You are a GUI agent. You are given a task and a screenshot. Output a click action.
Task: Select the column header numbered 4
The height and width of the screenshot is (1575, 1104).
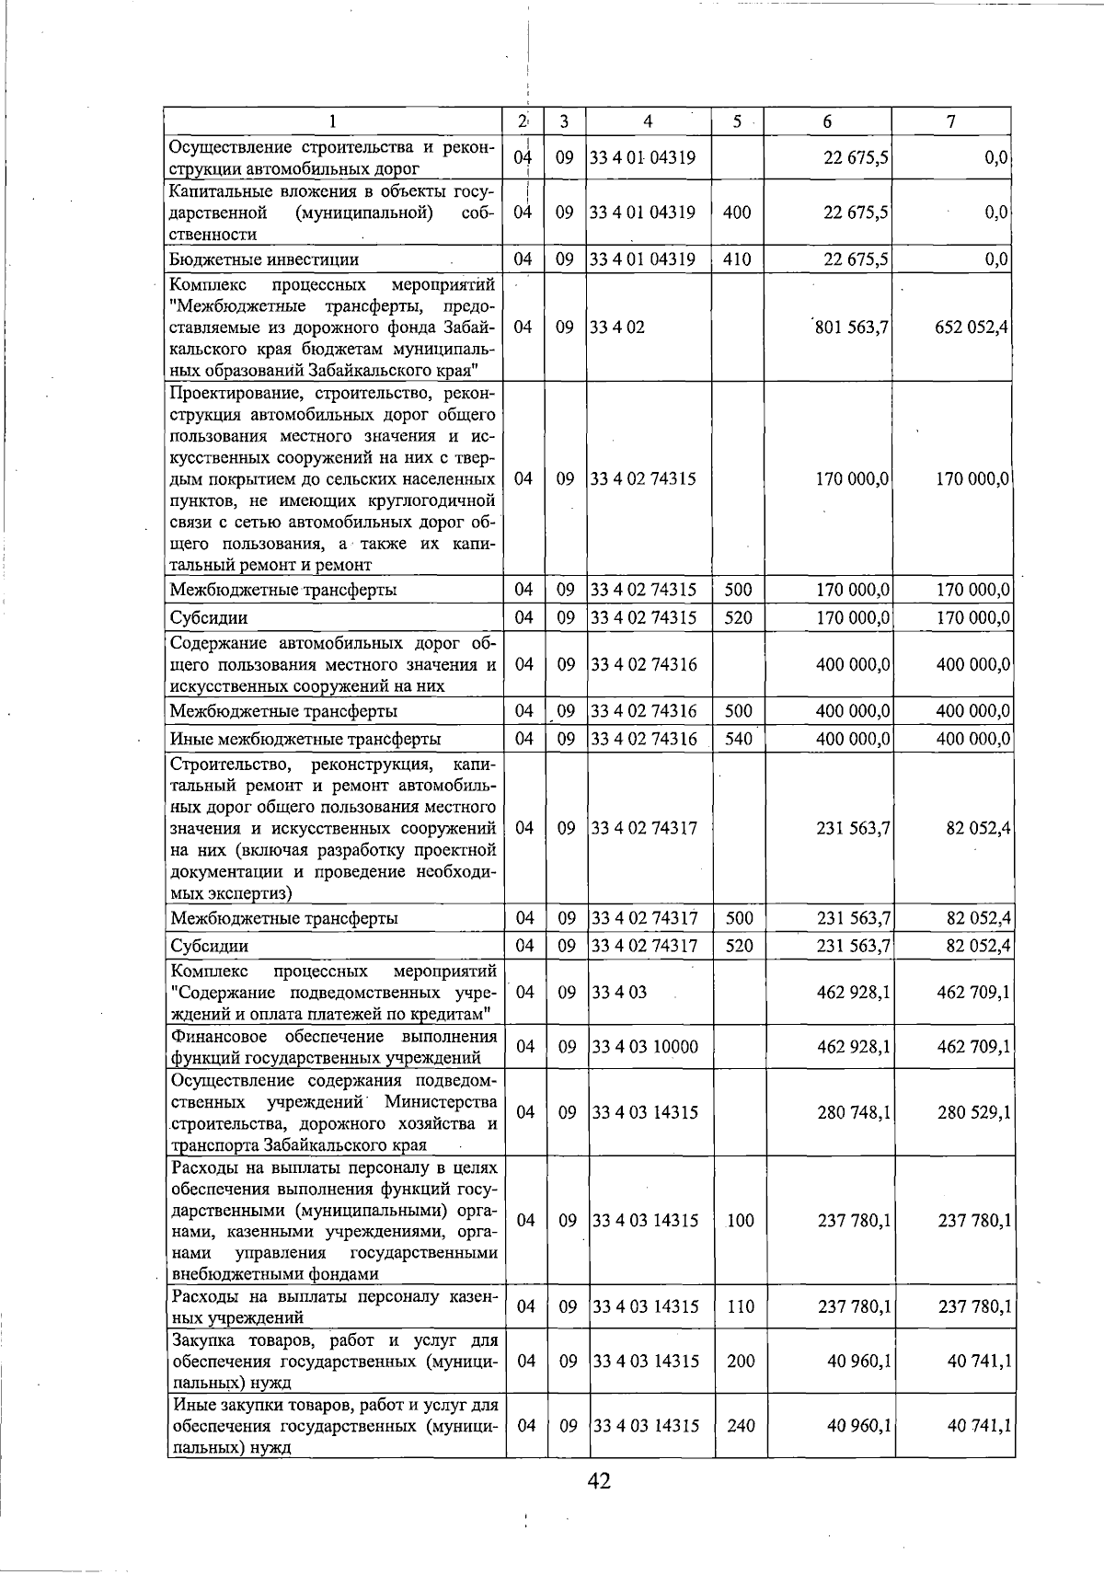[x=648, y=121]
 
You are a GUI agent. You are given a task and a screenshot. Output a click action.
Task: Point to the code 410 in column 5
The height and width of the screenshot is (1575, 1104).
[x=738, y=259]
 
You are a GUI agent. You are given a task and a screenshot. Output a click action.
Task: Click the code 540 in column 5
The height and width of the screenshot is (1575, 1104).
[x=738, y=739]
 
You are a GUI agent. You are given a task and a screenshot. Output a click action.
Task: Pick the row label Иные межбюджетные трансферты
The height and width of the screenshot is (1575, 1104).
[x=305, y=739]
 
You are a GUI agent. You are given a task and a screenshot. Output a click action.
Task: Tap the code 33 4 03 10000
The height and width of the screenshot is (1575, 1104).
[x=645, y=1047]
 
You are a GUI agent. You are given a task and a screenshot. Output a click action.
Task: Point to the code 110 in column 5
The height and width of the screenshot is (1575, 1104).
[x=740, y=1306]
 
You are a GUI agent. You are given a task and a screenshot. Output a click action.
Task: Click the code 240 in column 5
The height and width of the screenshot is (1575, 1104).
[x=740, y=1426]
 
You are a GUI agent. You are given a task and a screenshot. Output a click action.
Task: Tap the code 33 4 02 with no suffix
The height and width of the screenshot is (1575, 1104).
[x=618, y=327]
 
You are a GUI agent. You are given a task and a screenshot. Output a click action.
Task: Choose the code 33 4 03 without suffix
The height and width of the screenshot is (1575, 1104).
[x=619, y=993]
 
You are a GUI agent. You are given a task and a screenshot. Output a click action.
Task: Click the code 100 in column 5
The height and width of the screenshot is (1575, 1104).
[x=740, y=1221]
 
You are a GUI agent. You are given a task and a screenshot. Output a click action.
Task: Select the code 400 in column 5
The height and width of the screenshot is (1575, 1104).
[x=738, y=213]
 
